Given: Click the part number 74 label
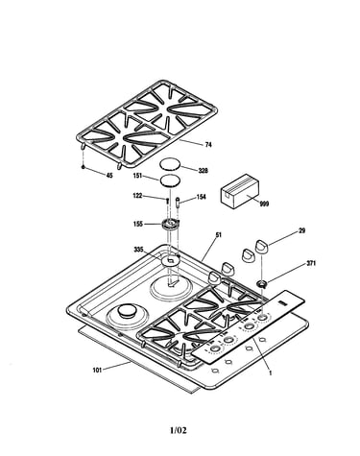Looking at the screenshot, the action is coord(208,145).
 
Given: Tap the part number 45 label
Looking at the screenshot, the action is coord(109,176).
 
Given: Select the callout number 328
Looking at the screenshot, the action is coord(203,171).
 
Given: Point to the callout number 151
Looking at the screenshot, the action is coord(138,176).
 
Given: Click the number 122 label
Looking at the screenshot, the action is coord(137,196).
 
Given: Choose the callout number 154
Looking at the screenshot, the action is coord(202,197).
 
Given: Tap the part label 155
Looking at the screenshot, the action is coord(138,224).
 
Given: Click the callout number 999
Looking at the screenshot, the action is coord(264,204).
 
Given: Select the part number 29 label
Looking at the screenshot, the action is coord(301,230).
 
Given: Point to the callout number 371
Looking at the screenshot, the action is coord(311,263).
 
